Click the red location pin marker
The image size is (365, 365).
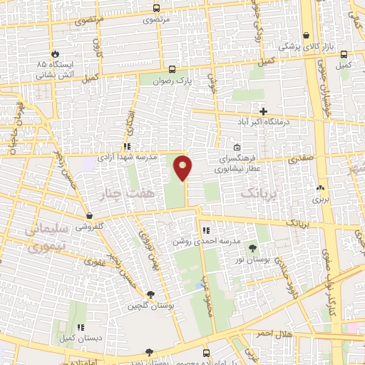pos(184,168)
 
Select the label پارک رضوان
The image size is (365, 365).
pos(175,81)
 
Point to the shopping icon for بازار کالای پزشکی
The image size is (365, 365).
pos(307,36)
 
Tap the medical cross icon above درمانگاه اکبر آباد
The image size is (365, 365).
pos(264,111)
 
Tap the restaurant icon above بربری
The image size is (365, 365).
pos(319,188)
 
